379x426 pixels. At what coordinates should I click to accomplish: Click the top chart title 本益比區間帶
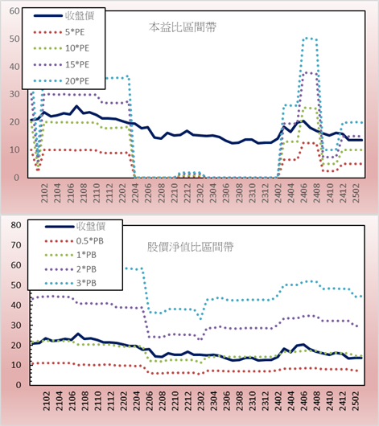(183, 27)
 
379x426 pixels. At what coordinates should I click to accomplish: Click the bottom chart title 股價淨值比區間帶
(190, 247)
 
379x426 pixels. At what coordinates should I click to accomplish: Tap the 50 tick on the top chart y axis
(14, 39)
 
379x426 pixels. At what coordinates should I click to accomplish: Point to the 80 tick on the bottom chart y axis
(16, 225)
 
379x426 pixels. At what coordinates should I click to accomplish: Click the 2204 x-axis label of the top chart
(135, 193)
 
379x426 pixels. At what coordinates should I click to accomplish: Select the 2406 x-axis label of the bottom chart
(303, 401)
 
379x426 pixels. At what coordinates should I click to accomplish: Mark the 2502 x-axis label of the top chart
(356, 193)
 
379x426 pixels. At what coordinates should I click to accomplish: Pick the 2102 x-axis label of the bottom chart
(47, 401)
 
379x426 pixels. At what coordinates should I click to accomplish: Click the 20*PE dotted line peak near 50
(309, 39)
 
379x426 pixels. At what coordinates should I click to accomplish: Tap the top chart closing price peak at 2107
(76, 106)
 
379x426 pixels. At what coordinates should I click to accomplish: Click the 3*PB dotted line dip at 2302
(201, 318)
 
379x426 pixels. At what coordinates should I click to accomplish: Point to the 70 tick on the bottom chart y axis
(16, 245)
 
